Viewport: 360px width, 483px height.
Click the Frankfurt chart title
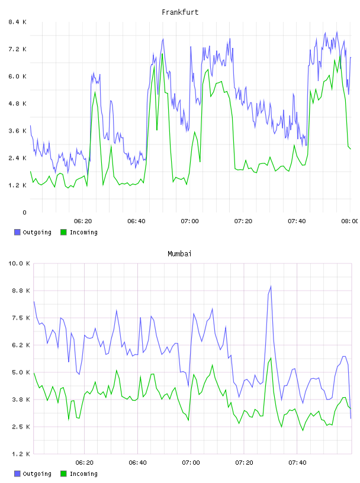click(x=180, y=12)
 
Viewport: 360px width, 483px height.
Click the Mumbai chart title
click(x=179, y=254)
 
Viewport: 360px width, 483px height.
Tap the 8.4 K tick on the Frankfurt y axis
click(x=18, y=22)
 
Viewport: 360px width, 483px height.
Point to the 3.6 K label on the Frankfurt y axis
click(x=18, y=131)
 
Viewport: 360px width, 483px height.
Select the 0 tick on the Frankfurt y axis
click(x=24, y=212)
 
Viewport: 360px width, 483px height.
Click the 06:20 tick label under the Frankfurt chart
click(x=83, y=221)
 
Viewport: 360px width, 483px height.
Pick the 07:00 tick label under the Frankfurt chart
click(x=190, y=221)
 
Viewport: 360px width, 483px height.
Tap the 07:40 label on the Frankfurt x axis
click(x=297, y=221)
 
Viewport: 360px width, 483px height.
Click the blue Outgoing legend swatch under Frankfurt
click(x=17, y=232)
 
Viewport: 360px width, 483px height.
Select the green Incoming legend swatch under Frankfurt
click(x=63, y=232)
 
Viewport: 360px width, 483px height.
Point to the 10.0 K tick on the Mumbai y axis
click(x=19, y=263)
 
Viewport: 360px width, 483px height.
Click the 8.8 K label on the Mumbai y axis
click(x=21, y=291)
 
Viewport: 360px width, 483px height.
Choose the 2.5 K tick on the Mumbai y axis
click(x=21, y=427)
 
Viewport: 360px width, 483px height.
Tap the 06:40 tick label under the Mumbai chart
click(x=138, y=463)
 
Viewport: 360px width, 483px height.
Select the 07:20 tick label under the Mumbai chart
click(x=245, y=463)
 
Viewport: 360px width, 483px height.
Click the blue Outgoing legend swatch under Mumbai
click(x=17, y=474)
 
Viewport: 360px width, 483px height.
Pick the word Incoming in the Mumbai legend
click(x=83, y=474)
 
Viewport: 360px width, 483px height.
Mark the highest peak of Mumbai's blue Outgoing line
click(x=271, y=286)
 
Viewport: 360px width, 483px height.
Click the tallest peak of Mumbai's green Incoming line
click(x=271, y=358)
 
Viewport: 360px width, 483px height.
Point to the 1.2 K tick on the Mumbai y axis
click(x=21, y=454)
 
